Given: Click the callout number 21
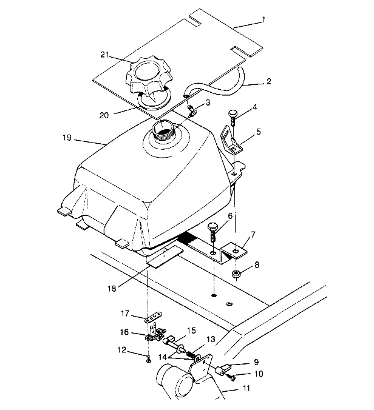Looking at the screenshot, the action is pyautogui.click(x=104, y=55).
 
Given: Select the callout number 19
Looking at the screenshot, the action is pyautogui.click(x=67, y=137).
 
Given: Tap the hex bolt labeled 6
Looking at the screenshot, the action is pyautogui.click(x=212, y=232).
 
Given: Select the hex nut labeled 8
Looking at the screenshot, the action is pyautogui.click(x=236, y=274).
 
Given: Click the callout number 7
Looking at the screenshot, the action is pyautogui.click(x=253, y=234).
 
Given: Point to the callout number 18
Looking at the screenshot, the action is pyautogui.click(x=112, y=289).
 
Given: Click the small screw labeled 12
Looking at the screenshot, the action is pyautogui.click(x=149, y=360).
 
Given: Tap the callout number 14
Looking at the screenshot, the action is pyautogui.click(x=163, y=357).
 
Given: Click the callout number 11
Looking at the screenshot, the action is pyautogui.click(x=246, y=389).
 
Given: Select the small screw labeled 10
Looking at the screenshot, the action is pyautogui.click(x=231, y=377).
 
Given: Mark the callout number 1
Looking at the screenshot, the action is pyautogui.click(x=264, y=20).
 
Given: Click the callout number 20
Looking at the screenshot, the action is pyautogui.click(x=104, y=115).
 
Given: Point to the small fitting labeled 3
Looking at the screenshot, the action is pyautogui.click(x=192, y=111).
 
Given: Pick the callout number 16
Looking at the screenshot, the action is pyautogui.click(x=124, y=332).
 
